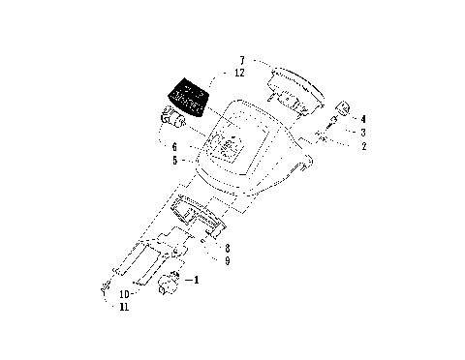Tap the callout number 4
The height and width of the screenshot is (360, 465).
click(x=362, y=119)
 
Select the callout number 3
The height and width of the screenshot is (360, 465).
click(x=362, y=132)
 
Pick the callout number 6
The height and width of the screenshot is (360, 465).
click(x=174, y=147)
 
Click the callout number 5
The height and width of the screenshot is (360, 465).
click(x=174, y=160)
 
